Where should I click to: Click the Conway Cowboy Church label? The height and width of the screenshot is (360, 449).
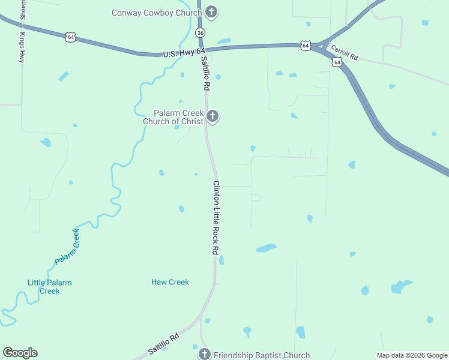(157, 13)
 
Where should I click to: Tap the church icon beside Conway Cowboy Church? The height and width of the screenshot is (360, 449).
(211, 11)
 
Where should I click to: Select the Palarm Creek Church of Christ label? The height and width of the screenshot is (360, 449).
(173, 117)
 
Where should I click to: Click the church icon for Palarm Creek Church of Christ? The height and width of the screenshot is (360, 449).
(212, 116)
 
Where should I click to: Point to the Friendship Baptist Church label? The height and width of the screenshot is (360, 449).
(262, 355)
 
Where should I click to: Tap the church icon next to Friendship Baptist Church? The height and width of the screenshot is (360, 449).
(205, 354)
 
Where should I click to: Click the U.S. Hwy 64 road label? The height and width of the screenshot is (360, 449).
(184, 54)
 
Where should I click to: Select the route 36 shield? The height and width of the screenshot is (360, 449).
(200, 32)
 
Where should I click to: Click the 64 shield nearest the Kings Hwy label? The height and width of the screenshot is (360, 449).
(71, 37)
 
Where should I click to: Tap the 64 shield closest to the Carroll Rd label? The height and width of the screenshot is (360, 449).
(337, 62)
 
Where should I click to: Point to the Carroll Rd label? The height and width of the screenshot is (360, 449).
(344, 55)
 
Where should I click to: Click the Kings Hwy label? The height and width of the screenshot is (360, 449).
(22, 49)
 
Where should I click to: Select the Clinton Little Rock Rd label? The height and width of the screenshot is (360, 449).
(215, 218)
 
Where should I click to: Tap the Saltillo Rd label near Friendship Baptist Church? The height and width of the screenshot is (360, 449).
(163, 346)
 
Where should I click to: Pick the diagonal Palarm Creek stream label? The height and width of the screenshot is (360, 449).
(67, 247)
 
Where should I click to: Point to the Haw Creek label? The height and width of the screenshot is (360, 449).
(170, 282)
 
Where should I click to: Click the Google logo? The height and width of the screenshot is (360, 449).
(20, 353)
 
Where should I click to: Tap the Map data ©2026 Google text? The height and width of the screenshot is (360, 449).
(412, 355)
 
